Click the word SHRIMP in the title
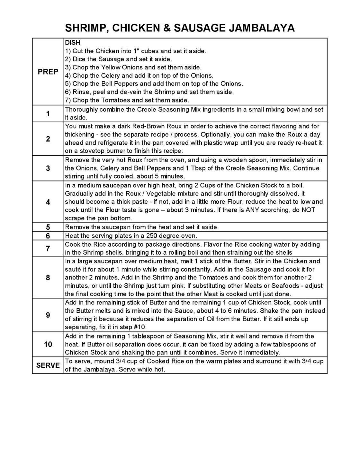[x=84, y=28]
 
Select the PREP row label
[x=48, y=72]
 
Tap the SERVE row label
[x=48, y=365]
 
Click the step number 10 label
[x=48, y=344]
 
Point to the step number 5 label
[x=48, y=227]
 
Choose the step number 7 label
[x=48, y=248]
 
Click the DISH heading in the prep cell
[x=73, y=42]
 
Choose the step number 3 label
[x=48, y=168]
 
